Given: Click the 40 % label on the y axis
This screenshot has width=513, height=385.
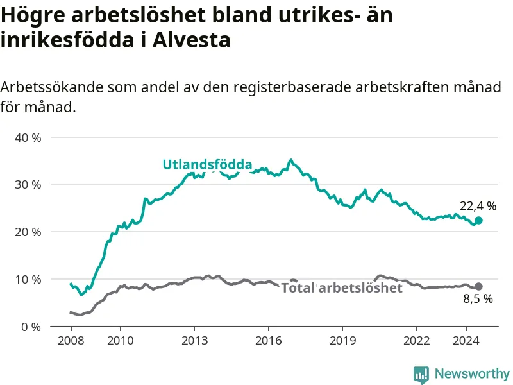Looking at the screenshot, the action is [28, 137].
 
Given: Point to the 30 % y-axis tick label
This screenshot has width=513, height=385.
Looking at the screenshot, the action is [28, 185].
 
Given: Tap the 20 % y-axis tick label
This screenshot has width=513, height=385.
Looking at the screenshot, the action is [28, 232].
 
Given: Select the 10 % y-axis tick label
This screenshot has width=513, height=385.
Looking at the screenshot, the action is [28, 280].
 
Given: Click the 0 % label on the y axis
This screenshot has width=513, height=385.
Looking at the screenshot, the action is [31, 327].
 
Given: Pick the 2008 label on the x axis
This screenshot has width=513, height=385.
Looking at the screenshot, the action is [71, 341].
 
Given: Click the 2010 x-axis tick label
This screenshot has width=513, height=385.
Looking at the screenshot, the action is [121, 341].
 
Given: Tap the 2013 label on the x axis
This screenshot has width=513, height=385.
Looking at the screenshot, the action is [194, 341].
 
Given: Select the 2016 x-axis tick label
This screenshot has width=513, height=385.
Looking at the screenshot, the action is [268, 341].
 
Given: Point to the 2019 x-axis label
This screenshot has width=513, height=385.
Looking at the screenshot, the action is [342, 341].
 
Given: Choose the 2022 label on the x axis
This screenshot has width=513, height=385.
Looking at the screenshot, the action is [416, 341].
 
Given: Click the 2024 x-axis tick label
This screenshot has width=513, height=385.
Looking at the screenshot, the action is [466, 341].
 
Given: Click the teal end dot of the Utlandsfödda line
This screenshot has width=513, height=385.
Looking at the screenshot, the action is [478, 221].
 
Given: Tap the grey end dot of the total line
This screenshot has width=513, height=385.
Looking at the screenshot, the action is [478, 286].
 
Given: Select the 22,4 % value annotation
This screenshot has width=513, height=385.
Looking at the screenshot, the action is [478, 206].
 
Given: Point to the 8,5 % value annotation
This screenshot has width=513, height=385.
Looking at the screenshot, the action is [478, 298].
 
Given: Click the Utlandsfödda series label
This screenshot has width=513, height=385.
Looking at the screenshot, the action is [207, 164].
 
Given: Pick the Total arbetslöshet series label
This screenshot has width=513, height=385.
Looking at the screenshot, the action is [342, 287].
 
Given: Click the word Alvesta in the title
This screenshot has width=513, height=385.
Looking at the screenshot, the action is [191, 40].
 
